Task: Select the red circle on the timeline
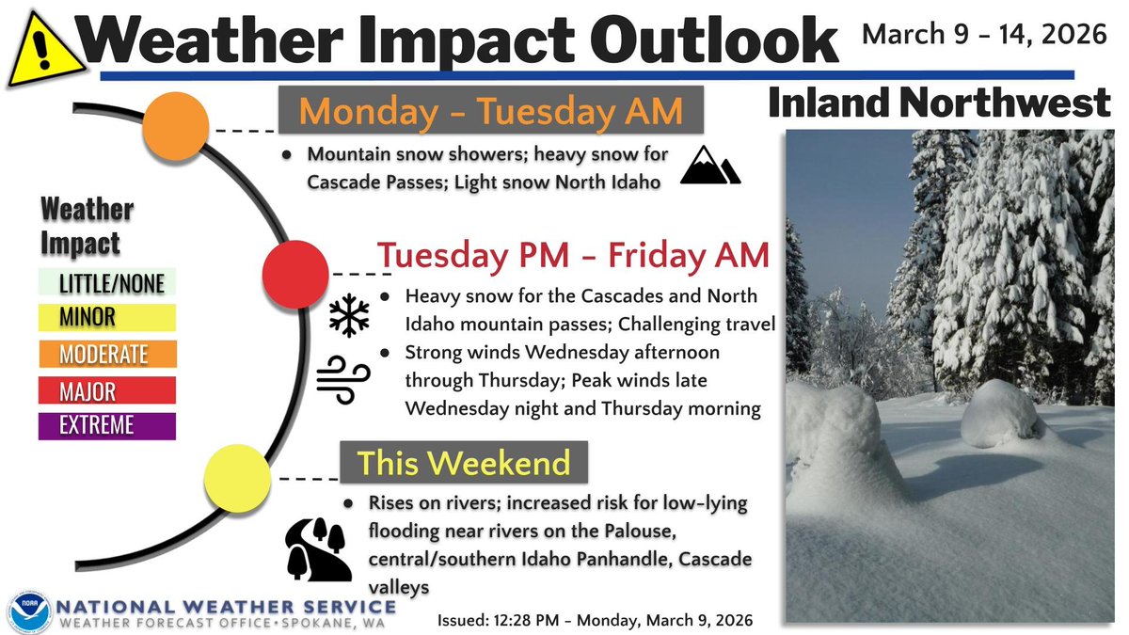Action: (294, 274)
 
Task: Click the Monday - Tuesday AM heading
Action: (490, 111)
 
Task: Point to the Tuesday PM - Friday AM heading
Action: (573, 255)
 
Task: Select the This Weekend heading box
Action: (463, 463)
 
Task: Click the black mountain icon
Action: (710, 167)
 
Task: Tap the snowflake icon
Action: (349, 315)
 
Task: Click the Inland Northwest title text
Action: (940, 104)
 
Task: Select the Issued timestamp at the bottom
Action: (595, 621)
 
